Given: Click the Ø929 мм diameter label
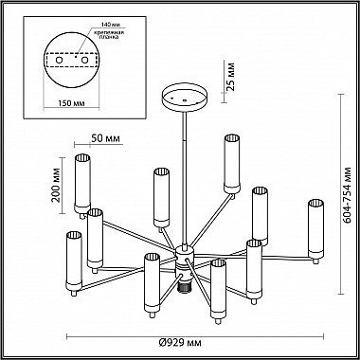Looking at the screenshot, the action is click(180, 343).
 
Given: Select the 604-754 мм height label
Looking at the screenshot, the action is click(348, 195).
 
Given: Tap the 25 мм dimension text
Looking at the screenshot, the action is click(231, 77).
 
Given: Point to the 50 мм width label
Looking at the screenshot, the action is click(105, 138).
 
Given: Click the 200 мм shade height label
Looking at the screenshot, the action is click(56, 185).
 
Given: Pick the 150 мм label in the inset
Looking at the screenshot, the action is click(71, 103).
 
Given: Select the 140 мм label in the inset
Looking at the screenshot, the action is click(111, 25).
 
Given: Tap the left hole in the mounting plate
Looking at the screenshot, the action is click(59, 60).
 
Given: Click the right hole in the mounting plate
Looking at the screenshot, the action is click(84, 60).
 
